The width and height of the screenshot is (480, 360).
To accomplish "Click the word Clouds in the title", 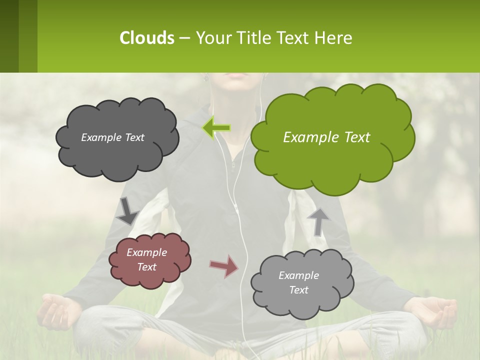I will [x=146, y=38].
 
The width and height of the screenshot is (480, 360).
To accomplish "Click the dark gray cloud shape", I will [x=117, y=138].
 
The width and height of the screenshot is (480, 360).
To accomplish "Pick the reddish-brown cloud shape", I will [x=149, y=259].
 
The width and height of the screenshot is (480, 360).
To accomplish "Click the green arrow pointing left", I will [x=216, y=128].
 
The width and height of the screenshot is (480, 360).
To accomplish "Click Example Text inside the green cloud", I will [x=326, y=137].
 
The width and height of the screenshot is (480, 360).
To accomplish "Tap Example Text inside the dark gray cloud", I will [x=112, y=137].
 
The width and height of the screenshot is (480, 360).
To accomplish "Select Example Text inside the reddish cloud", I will [x=147, y=259].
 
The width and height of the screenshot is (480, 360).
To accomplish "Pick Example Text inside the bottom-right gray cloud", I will [x=298, y=282].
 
